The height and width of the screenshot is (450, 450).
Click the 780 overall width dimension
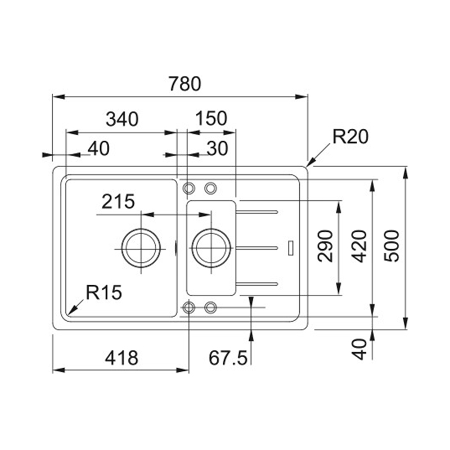185,83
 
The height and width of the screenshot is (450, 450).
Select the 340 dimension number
122,119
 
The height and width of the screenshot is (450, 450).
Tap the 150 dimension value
211,118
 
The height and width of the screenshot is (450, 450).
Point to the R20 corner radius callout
350,137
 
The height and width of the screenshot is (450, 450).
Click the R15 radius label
104,292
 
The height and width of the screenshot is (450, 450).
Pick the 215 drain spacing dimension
118,201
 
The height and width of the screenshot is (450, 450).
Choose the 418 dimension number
121,358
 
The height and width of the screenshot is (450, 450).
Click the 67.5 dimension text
228,358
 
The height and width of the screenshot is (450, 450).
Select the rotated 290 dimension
325,246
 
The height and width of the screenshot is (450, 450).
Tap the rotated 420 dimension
359,246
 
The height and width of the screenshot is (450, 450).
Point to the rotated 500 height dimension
391,246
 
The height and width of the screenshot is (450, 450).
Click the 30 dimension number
217,148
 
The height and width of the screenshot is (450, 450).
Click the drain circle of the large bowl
141,248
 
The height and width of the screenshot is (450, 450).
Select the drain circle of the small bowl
211,248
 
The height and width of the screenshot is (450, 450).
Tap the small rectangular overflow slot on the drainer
291,248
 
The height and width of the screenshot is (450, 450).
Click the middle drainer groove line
257,248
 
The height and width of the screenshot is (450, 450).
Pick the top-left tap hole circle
189,188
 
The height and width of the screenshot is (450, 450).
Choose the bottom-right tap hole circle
210,307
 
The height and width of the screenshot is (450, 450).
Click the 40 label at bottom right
359,349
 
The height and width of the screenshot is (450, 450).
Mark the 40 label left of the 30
98,148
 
